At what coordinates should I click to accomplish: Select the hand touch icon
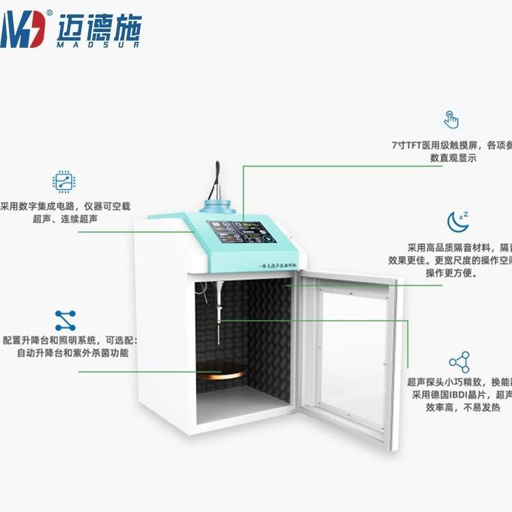coord(451,119)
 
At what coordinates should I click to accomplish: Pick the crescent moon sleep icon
coord(456,221)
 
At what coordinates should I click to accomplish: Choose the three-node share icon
coord(459,362)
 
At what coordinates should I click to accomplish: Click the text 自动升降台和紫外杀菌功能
coord(72,353)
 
